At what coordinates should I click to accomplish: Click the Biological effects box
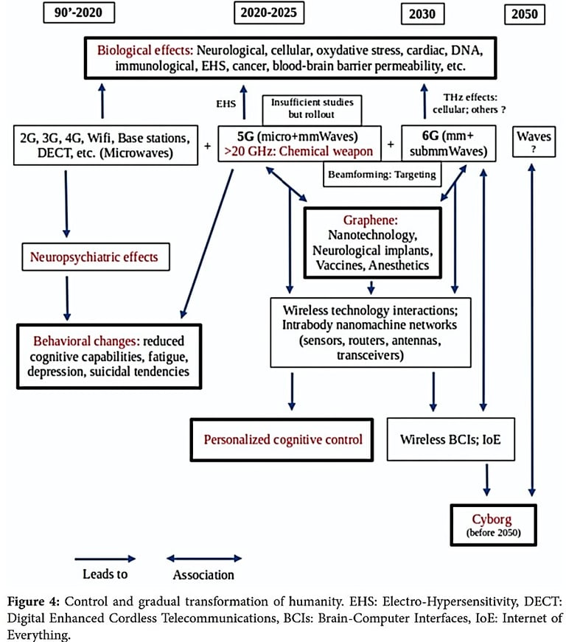287,57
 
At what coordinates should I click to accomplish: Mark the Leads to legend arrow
105,558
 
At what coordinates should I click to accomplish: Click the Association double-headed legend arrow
203,558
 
